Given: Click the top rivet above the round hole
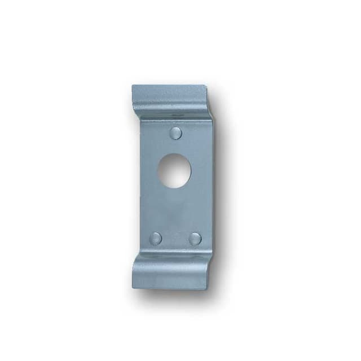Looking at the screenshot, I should [177, 133].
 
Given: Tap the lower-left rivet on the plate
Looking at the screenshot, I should [156, 238].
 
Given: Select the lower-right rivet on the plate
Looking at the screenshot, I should [195, 238].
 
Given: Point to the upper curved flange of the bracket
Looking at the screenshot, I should [169, 99].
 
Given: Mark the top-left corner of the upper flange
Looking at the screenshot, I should [133, 86].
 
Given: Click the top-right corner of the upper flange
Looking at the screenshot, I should [205, 86].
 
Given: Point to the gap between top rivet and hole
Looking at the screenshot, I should [175, 146].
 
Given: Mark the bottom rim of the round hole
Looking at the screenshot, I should [174, 187].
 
